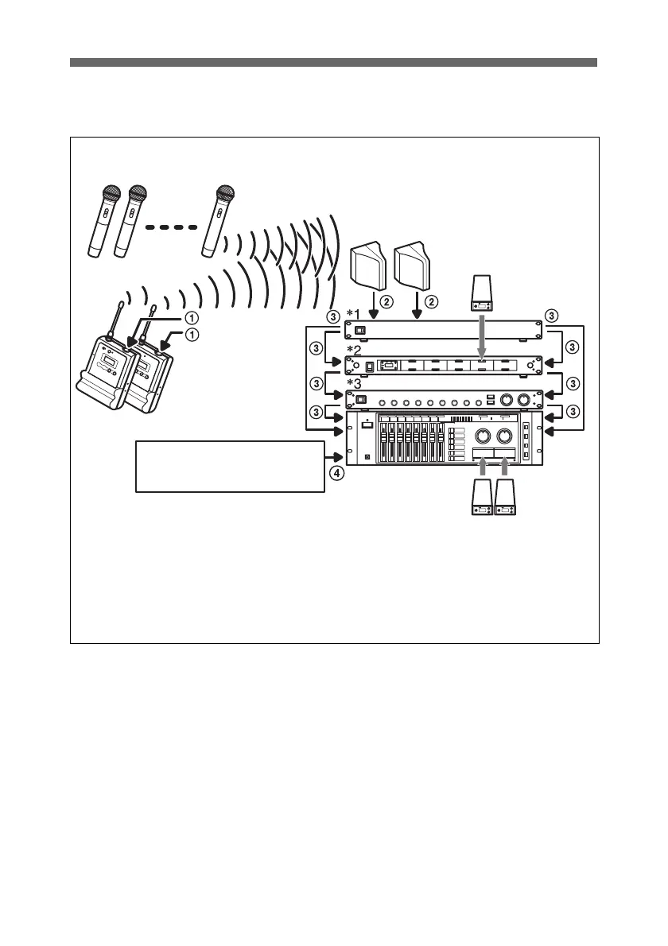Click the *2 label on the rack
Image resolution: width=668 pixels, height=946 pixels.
[355, 349]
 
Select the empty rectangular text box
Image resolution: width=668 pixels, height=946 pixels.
[231, 466]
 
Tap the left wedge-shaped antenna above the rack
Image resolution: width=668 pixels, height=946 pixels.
[368, 266]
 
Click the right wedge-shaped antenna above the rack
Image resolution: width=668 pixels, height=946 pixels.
[414, 266]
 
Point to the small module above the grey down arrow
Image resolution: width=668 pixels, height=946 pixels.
[483, 293]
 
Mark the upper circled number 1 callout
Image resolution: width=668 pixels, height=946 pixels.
[191, 316]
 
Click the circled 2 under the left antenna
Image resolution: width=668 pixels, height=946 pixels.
[386, 302]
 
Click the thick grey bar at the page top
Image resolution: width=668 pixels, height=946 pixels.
[333, 63]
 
